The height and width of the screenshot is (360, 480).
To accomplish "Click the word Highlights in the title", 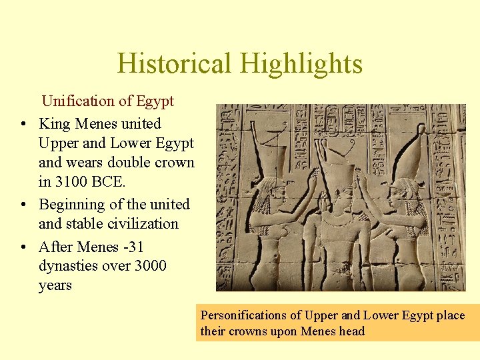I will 301,64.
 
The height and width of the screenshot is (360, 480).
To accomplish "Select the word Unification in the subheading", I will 78,101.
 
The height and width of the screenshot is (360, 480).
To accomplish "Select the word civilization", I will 139,223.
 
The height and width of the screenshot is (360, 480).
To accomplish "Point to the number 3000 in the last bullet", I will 150,266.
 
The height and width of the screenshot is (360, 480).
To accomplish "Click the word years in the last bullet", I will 55,285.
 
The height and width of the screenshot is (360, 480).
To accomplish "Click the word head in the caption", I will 351,331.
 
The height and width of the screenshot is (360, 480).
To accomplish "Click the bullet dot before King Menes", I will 23,124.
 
